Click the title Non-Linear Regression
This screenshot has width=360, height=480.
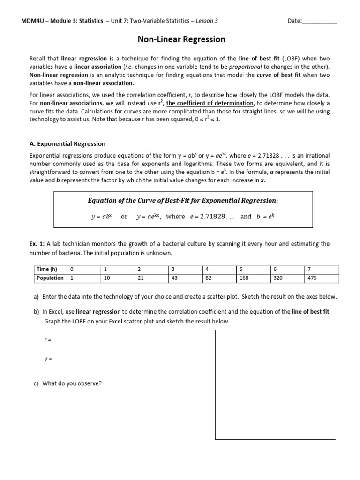click(181, 39)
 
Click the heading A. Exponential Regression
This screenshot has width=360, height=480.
click(67, 144)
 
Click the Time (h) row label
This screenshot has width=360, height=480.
click(47, 270)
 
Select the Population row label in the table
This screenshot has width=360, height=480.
click(50, 278)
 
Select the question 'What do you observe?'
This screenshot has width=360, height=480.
click(72, 383)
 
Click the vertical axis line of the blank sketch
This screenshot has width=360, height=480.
click(215, 384)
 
